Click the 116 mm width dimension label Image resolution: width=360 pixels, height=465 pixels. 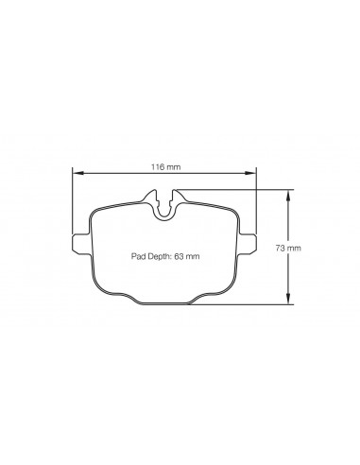tap(166, 166)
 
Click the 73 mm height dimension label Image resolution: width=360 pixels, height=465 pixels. tap(288, 248)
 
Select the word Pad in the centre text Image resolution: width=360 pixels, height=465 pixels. tap(137, 256)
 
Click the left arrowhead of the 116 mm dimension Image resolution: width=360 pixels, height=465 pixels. tap(77, 173)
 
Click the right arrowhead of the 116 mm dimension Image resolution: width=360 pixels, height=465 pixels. tap(250, 173)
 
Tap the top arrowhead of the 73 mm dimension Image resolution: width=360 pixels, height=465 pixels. tap(288, 195)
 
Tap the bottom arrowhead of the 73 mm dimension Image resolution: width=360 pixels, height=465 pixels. tap(288, 300)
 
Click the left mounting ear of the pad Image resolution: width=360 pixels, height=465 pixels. tap(81, 243)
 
